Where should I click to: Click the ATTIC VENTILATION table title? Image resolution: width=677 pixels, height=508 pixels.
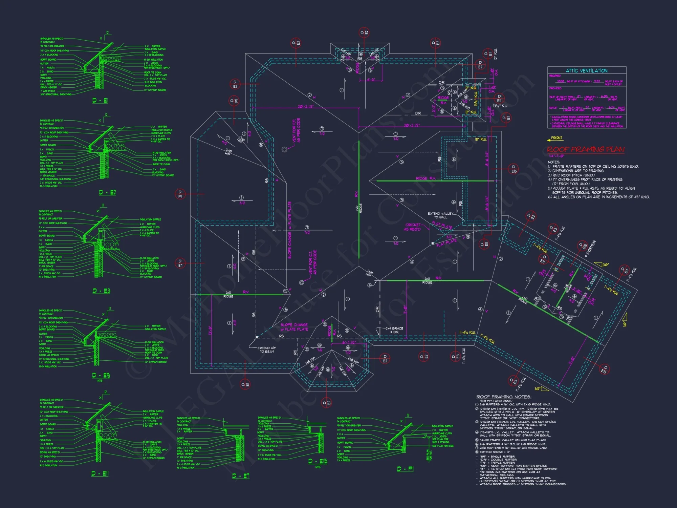587,71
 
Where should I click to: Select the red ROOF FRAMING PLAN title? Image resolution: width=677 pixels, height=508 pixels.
586,149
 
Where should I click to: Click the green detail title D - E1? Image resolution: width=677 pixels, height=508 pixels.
100,101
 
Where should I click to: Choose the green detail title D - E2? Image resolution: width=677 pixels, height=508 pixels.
107,192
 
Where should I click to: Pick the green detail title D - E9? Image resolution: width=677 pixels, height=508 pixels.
101,375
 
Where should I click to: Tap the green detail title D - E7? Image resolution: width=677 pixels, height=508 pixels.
241,476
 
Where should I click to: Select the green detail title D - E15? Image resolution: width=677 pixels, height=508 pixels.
318,461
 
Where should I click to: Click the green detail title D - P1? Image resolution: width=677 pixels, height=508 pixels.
405,469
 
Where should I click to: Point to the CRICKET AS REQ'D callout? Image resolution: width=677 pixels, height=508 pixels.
413,227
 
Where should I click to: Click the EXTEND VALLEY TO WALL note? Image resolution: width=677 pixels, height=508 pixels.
440,215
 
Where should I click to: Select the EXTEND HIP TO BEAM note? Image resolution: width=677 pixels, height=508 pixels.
267,350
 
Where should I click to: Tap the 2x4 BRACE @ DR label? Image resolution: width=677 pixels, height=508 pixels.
394,330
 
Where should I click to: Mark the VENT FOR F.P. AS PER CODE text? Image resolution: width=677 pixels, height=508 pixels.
296,130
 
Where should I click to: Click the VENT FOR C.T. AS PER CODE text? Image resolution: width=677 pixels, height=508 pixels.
313,262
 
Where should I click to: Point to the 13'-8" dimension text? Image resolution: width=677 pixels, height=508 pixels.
210,331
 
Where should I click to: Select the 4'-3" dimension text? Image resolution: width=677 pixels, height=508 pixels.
371,80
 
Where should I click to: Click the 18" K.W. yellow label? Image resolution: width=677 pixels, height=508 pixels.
481,140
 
